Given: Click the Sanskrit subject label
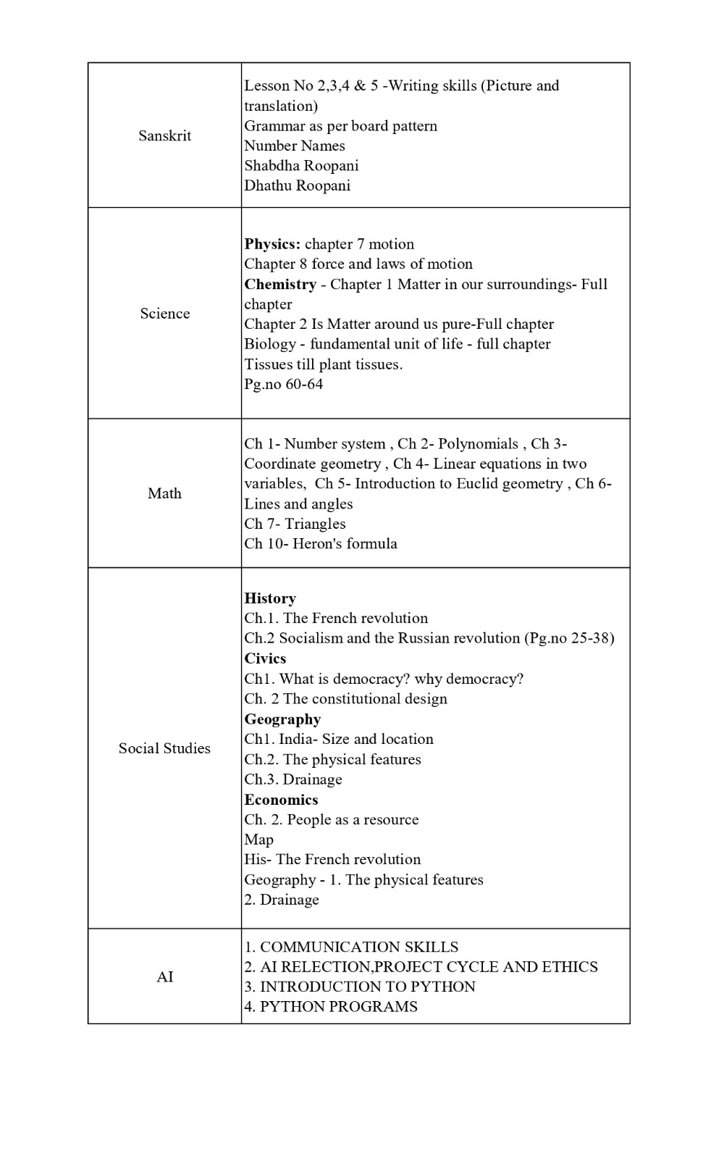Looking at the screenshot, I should [164, 135].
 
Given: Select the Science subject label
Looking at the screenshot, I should [164, 313].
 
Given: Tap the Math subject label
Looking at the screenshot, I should [164, 493].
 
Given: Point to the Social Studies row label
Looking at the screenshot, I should [164, 748].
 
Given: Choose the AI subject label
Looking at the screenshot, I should [164, 976].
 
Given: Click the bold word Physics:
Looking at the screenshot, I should [272, 244].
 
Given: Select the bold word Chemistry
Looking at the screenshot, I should [280, 284].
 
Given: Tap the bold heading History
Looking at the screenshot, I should [270, 598].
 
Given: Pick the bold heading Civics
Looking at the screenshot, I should [265, 658].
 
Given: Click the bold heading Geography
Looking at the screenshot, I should [282, 719].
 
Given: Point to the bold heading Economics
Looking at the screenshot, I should [281, 800].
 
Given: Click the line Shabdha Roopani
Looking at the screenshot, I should [301, 165].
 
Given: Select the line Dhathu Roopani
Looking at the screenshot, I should [297, 185].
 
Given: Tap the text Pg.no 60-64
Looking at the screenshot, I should [283, 384].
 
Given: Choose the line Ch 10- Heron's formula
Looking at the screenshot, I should [320, 543].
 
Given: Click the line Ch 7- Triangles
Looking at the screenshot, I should [295, 524].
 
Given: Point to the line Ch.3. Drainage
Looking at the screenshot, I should [292, 779].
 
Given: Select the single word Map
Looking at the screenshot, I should [258, 840].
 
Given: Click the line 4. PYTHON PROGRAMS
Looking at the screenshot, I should [331, 1006].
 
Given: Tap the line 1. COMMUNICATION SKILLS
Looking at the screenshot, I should [351, 947].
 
